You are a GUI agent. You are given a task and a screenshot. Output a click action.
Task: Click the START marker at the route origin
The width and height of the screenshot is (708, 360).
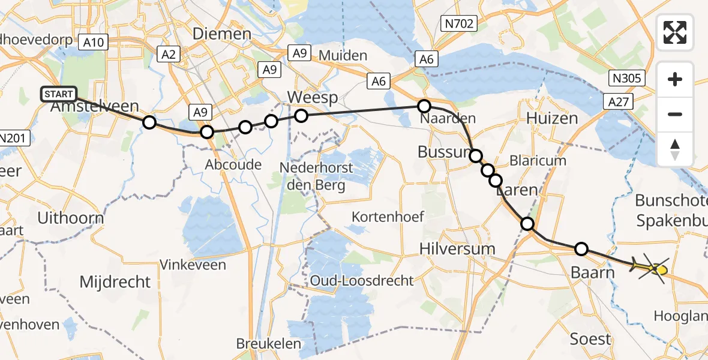pyautogui.click(x=59, y=94)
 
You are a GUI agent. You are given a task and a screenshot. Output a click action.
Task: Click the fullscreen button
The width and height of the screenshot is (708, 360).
pyautogui.click(x=675, y=32)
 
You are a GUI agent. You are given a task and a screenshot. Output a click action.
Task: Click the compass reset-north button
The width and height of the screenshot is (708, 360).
pyautogui.click(x=675, y=149)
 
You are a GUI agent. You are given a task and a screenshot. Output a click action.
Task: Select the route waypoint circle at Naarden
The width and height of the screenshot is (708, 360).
pyautogui.click(x=424, y=107)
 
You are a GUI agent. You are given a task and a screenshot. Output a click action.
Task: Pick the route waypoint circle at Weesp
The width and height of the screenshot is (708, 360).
pyautogui.click(x=301, y=115)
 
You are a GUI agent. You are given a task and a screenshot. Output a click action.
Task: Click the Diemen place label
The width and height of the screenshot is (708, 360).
pyautogui.click(x=221, y=34)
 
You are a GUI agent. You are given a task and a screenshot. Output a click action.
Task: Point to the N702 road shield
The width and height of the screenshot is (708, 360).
pyautogui.click(x=458, y=24)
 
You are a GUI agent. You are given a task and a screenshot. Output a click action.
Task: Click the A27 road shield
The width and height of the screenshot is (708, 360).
pyautogui.click(x=619, y=103)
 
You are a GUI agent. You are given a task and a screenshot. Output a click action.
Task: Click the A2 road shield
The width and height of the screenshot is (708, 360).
pyautogui.click(x=168, y=55)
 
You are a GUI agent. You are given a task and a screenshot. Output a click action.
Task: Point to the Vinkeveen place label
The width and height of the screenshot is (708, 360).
pyautogui.click(x=193, y=265)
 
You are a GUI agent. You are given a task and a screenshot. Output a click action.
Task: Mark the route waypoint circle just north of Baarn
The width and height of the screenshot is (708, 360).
pyautogui.click(x=581, y=248)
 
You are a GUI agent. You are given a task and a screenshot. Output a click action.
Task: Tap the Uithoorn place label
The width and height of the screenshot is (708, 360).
pyautogui.click(x=70, y=218)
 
